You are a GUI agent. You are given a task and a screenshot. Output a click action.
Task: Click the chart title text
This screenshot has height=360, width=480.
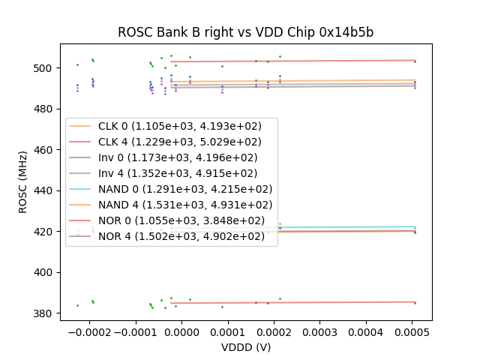point(245,32)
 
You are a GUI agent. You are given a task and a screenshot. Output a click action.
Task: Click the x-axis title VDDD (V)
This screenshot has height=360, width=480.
point(245,347)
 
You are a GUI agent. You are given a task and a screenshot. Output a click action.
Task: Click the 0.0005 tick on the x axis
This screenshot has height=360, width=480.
point(412,331)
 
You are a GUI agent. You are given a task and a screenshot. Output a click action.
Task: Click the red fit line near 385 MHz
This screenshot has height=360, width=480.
point(300,302)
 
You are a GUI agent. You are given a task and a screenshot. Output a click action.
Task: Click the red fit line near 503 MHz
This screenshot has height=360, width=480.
point(300,61)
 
